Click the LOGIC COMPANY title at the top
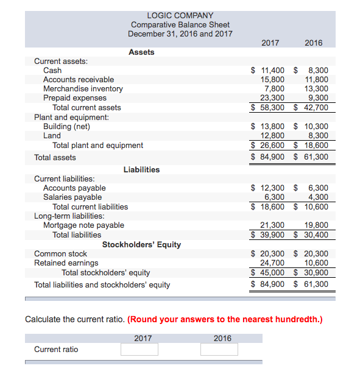180,15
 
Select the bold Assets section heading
141,52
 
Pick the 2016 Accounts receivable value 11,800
317,80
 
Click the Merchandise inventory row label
83,89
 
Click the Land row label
52,136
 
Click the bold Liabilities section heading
141,170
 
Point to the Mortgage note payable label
83,225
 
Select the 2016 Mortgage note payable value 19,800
317,225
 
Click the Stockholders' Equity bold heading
141,245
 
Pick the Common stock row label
60,254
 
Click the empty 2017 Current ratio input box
139,350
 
